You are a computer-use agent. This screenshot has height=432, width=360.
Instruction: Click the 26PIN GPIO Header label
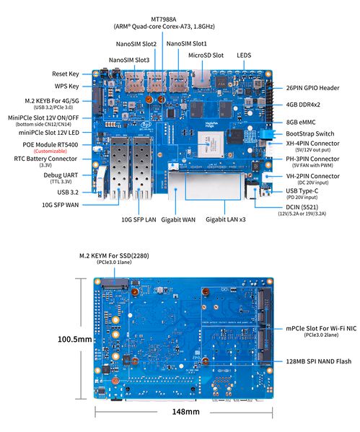tap(312, 88)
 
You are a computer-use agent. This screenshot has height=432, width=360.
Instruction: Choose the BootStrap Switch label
tap(309, 133)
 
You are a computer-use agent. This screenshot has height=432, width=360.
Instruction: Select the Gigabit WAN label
tap(179, 219)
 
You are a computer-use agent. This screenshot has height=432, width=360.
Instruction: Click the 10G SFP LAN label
tap(138, 219)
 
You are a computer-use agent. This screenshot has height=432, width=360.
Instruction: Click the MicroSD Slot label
tap(206, 55)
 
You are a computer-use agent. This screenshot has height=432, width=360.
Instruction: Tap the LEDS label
tap(244, 55)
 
